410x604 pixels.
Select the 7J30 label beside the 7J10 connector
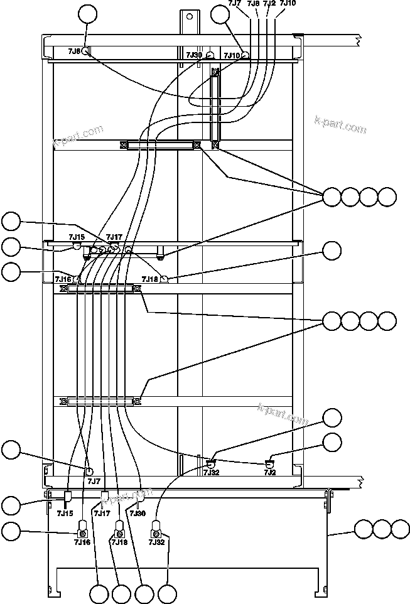(x=194, y=55)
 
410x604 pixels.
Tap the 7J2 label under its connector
(x=270, y=472)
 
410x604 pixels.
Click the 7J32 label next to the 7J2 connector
(x=211, y=472)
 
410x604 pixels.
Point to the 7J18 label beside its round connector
(x=149, y=279)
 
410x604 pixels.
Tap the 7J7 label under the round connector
(x=93, y=482)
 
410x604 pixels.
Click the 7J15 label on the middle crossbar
(x=77, y=237)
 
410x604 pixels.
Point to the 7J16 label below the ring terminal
(x=82, y=541)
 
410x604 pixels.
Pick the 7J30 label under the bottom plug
(x=138, y=513)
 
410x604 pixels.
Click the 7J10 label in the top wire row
(x=288, y=4)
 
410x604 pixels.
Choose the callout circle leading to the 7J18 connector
(x=332, y=252)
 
